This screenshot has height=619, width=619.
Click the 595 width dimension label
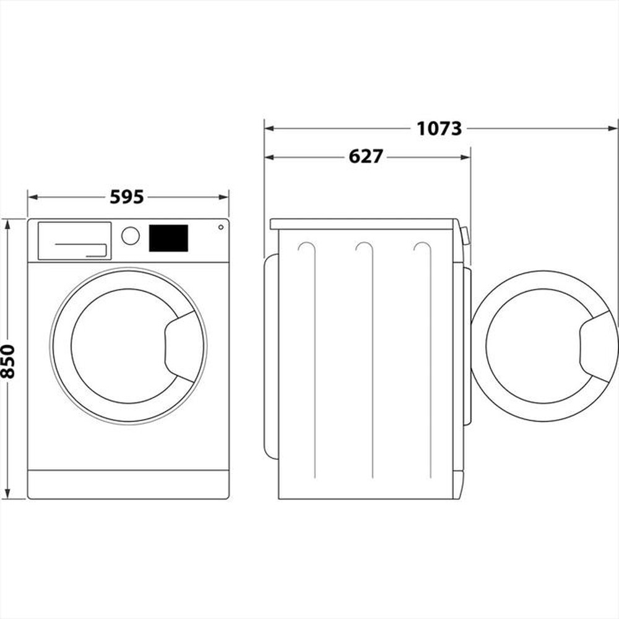127,197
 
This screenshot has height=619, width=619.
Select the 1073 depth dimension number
439,128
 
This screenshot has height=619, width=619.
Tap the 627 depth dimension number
366,157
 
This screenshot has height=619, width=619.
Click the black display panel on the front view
168,238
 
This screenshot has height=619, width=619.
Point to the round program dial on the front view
131,236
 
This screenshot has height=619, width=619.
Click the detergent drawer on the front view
74,241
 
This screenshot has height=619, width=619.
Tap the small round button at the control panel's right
220,227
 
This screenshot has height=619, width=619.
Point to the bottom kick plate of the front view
128,484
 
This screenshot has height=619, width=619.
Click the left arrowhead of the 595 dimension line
32,197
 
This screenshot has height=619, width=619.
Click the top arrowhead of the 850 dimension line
7,223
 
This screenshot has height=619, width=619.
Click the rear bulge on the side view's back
271,356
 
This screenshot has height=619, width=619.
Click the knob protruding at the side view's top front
465,236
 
